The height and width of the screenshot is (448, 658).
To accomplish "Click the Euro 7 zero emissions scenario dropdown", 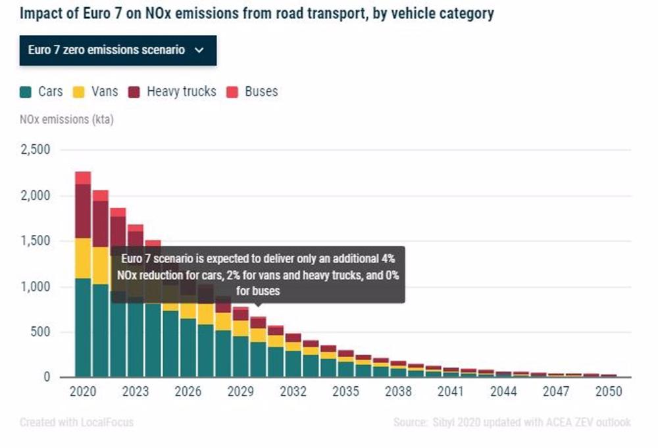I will click(x=118, y=50).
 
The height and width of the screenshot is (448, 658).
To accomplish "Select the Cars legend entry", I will click(x=42, y=91).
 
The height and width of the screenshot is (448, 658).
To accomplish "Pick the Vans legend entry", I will click(x=97, y=91).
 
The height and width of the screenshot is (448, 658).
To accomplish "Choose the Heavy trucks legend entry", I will click(x=173, y=91).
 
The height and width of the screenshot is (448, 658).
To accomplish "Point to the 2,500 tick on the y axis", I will click(x=35, y=150).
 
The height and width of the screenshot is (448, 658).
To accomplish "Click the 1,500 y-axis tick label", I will click(x=35, y=241).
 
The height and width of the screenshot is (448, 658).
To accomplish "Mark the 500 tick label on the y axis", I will click(x=40, y=332).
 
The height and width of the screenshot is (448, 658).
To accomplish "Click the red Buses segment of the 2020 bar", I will click(x=83, y=178).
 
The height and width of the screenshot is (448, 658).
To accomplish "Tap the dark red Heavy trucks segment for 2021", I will click(x=101, y=224).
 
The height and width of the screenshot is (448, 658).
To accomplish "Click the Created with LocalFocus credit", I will click(x=76, y=422).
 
